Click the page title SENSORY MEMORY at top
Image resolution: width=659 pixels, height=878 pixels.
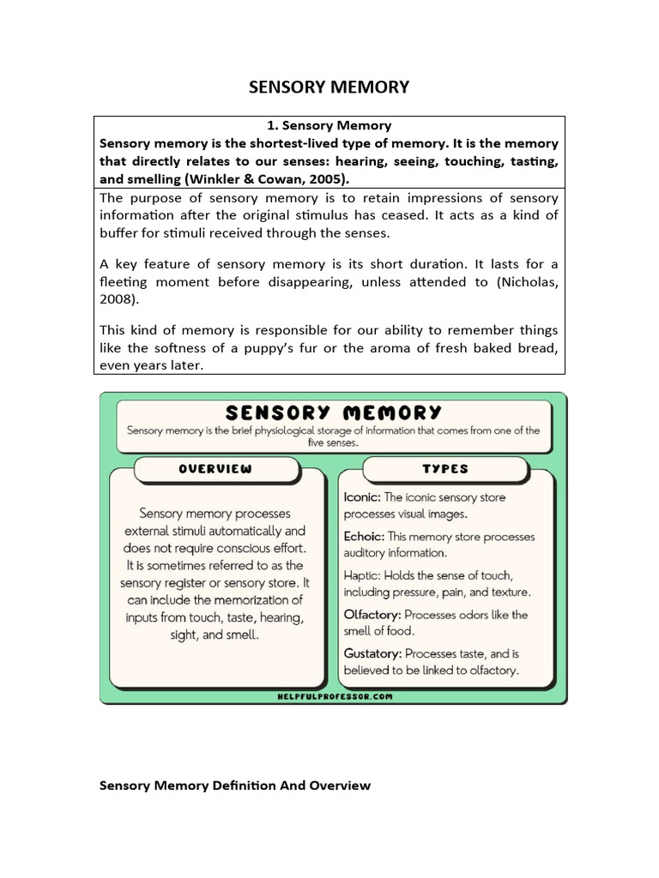[329, 87]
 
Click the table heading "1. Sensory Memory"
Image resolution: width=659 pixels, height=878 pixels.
[329, 125]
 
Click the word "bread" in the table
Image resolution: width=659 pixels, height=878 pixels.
[538, 348]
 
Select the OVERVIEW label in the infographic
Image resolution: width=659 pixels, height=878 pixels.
[215, 469]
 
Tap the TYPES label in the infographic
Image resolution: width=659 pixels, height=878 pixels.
[445, 469]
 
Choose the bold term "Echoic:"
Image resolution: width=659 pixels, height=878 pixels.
[365, 537]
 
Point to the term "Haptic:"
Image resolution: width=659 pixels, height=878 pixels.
[362, 575]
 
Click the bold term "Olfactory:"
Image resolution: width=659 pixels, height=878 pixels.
[372, 615]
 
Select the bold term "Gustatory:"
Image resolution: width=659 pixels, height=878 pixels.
[372, 653]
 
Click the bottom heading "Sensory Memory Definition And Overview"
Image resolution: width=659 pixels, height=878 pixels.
[235, 785]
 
